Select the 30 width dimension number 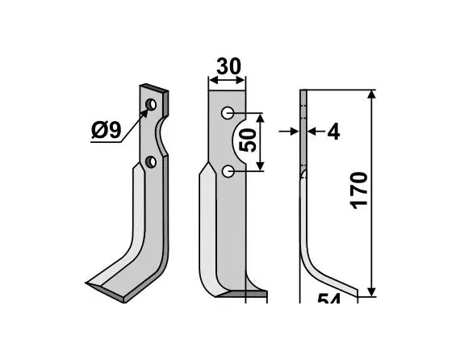coord(231,66)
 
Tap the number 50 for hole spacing coord(249,140)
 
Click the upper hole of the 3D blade coord(152,105)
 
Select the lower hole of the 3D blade coord(151,163)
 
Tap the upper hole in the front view coord(228,112)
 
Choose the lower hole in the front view coord(228,170)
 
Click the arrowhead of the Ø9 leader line coord(146,112)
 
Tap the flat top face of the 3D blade coord(154,87)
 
